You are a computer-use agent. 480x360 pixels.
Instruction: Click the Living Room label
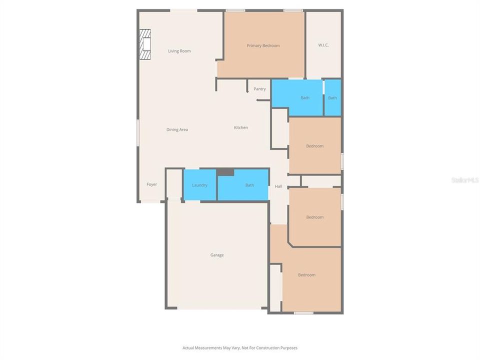[179, 51]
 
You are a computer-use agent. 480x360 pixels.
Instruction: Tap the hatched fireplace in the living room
[145, 44]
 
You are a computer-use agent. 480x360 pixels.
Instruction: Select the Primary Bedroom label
[263, 45]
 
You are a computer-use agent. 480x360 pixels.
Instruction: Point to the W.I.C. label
[323, 45]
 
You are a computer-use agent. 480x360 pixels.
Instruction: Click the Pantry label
[259, 89]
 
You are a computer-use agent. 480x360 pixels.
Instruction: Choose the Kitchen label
[241, 127]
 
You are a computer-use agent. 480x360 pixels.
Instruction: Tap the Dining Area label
[177, 129]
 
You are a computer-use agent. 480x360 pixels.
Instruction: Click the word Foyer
[151, 184]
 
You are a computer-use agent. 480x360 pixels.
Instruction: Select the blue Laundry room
[199, 185]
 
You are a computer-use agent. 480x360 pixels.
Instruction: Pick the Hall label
[278, 186]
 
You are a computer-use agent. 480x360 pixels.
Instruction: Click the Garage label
[217, 255]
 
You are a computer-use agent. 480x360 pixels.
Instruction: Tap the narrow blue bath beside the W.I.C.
[332, 98]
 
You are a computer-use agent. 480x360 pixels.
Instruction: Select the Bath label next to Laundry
[249, 185]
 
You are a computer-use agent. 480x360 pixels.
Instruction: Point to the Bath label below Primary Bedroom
[305, 98]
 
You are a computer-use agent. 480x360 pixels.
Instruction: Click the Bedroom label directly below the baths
[315, 146]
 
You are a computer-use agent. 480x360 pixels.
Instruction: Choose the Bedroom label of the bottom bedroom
[307, 275]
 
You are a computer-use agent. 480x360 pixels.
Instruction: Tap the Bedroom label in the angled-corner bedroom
[315, 217]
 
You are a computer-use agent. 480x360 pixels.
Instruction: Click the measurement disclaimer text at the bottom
[240, 347]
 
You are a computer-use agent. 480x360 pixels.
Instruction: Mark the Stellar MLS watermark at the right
[464, 179]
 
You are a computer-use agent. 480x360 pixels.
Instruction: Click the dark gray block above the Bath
[225, 172]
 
